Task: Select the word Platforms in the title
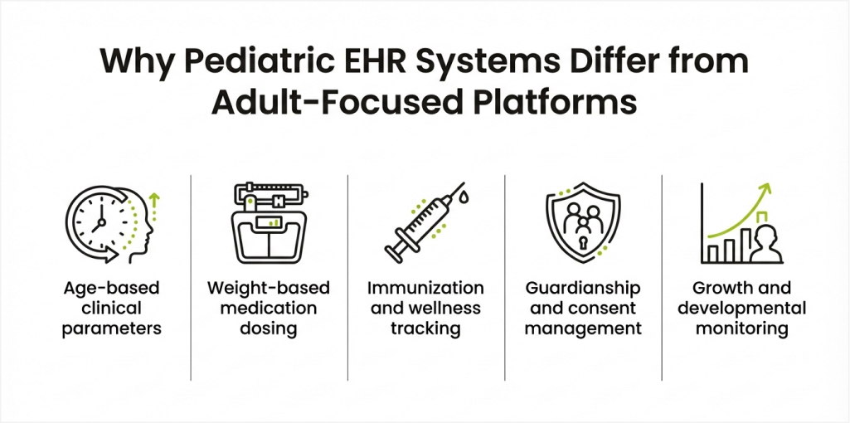[x=552, y=103]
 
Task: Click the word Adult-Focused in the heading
[x=334, y=103]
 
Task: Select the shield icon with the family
[x=583, y=222]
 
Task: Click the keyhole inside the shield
[x=583, y=242]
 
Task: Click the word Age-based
[x=112, y=288]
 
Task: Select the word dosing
[x=269, y=328]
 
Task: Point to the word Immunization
[x=426, y=288]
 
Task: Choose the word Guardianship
[x=583, y=288]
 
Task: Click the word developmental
[x=741, y=308]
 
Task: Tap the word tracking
[x=426, y=328]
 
